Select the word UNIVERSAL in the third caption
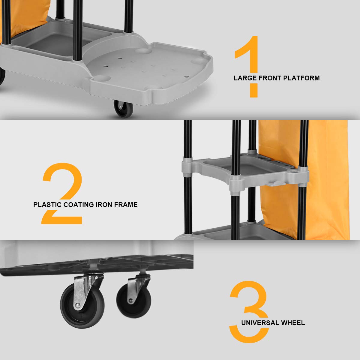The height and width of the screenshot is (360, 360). [x=260, y=323]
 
